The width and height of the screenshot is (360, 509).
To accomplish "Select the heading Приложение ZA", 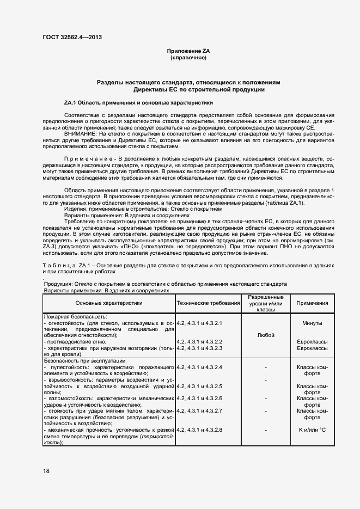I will click(x=188, y=51).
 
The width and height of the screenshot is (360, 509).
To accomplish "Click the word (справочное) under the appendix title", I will click(x=188, y=57).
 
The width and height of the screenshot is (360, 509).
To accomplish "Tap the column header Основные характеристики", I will click(x=108, y=303).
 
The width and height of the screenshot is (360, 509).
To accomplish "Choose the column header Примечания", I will click(x=312, y=303).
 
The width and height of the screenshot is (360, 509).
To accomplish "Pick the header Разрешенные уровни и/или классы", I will click(x=265, y=303).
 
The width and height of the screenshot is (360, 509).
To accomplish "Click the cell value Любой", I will click(x=265, y=335).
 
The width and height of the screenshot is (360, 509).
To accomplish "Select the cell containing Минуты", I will click(x=312, y=323).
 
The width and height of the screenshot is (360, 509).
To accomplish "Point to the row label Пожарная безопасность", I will click(x=75, y=316).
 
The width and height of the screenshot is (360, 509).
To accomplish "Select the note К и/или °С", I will click(x=312, y=430).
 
